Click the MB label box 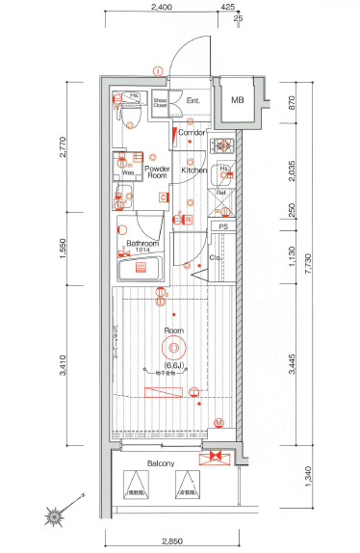[237, 99]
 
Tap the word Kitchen [195, 171]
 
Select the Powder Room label [157, 172]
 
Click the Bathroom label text [141, 244]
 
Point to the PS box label [223, 227]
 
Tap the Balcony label [161, 463]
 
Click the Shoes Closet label [161, 102]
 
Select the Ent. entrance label [193, 101]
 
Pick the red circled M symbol [219, 422]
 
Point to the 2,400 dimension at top [162, 8]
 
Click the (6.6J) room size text [173, 364]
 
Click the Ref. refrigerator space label [221, 192]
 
